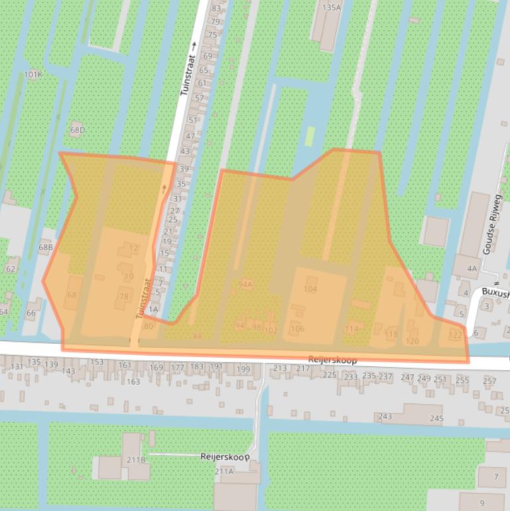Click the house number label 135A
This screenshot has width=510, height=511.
coord(330,7)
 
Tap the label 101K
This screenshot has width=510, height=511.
coord(33,74)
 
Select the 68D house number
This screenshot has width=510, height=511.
coord(78,130)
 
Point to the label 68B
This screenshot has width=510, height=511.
coord(45,248)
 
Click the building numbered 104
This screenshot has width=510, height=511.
coord(310,289)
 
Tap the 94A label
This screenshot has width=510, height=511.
coord(245,284)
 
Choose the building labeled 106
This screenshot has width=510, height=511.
coord(297,329)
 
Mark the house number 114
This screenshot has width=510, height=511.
coord(351,329)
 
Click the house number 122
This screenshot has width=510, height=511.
coord(454,334)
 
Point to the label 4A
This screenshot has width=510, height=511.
coord(472,269)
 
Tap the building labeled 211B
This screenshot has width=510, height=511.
coord(136,459)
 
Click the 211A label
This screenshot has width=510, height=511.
coord(224,471)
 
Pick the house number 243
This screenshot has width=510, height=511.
coord(385,417)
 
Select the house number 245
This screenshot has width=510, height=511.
coord(436,418)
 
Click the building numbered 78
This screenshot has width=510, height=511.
coord(123,297)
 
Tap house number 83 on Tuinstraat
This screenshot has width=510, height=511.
coord(216,9)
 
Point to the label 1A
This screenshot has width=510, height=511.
coord(153,309)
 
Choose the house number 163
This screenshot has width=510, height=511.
coord(133,382)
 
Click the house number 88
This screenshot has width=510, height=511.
coord(197,336)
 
